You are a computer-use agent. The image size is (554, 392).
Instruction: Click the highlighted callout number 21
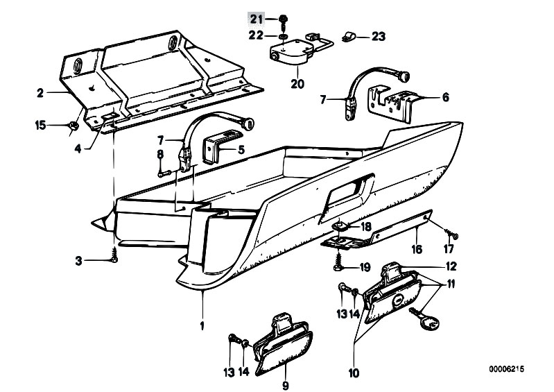pyautogui.click(x=257, y=18)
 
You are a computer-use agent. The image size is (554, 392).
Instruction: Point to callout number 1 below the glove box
pyautogui.click(x=203, y=324)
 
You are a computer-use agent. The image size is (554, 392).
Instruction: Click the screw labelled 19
pyautogui.click(x=338, y=264)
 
